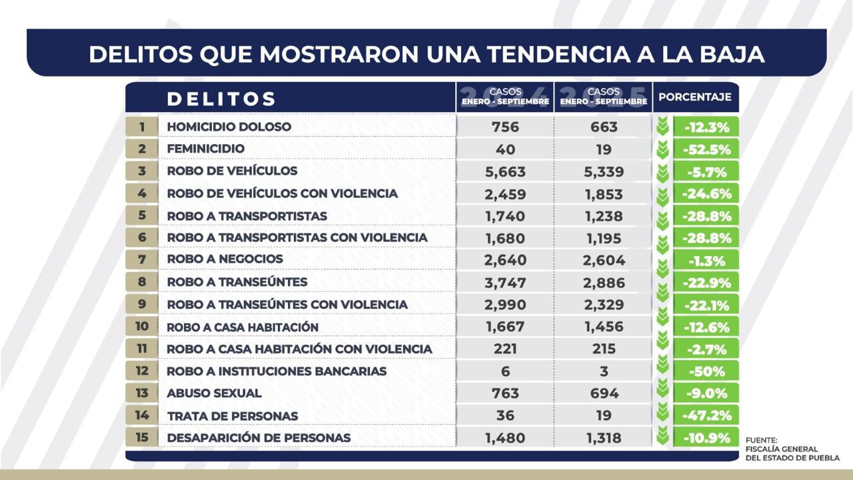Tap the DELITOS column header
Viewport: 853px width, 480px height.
[x=221, y=99]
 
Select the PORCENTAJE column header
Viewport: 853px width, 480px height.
[x=694, y=97]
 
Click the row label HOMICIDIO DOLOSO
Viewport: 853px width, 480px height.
[x=229, y=127]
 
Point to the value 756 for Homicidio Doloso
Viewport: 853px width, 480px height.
[x=504, y=127]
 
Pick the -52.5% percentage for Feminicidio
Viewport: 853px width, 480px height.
[x=706, y=149]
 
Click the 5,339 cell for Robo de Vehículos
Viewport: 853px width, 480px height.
[x=602, y=172]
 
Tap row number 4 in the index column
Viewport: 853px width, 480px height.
[x=141, y=194]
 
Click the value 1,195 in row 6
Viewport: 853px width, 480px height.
[x=602, y=238]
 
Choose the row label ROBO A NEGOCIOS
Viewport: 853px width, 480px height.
[x=225, y=259]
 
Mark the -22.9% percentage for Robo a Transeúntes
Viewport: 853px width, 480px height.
[x=706, y=283]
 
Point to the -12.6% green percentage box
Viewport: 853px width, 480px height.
[x=706, y=327]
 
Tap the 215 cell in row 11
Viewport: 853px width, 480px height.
[x=602, y=349]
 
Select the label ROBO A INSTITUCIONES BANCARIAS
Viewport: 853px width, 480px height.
[x=277, y=371]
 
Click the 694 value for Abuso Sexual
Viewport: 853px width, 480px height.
[x=602, y=393]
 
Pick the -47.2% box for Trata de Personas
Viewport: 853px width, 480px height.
[x=706, y=415]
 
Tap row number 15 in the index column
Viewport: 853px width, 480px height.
[x=141, y=438]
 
